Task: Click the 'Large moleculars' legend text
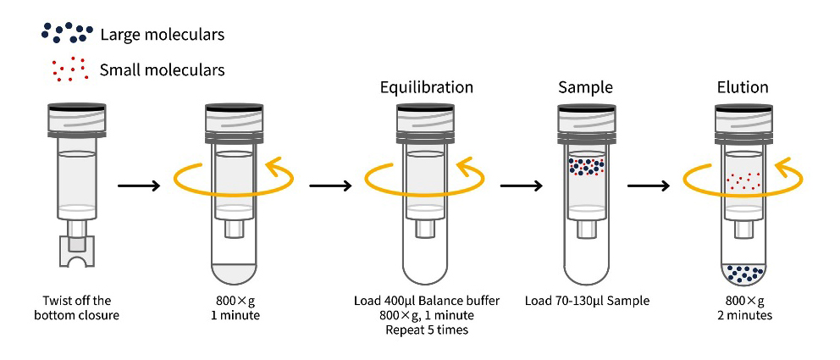point(162,35)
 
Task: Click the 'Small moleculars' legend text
point(162,69)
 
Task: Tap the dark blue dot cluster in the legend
point(66,33)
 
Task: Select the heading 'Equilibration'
point(426,87)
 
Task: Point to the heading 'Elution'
point(742,87)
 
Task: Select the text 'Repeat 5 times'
point(426,330)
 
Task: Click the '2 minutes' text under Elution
point(742,315)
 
